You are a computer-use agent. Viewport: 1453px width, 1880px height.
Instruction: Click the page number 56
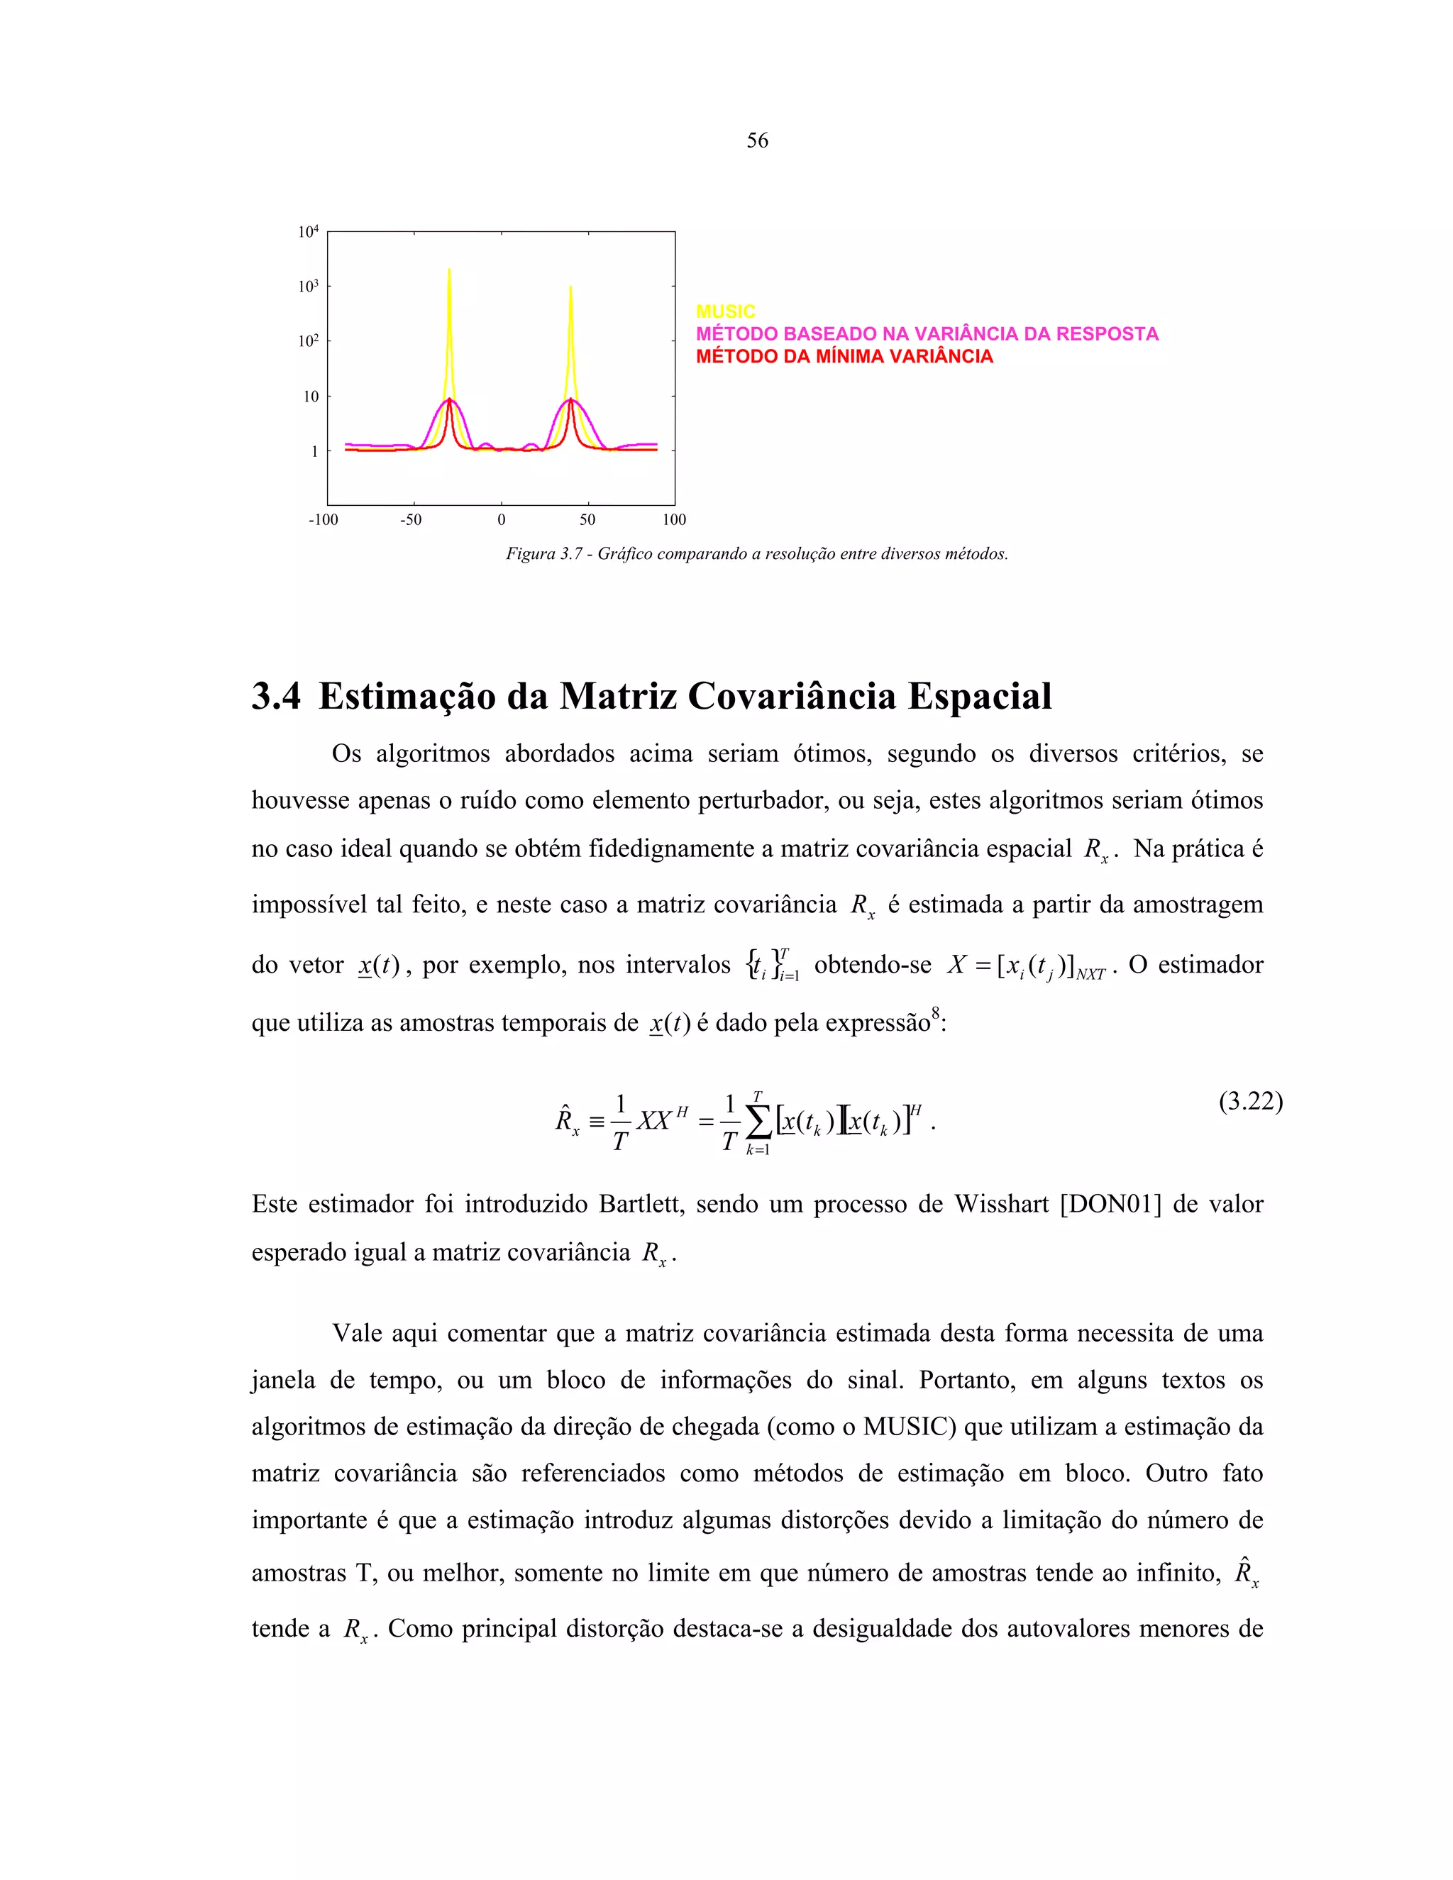pyautogui.click(x=756, y=140)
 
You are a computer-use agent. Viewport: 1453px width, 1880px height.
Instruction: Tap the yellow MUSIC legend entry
pyautogui.click(x=725, y=311)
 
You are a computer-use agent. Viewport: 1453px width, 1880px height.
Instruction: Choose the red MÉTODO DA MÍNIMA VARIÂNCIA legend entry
pyautogui.click(x=844, y=356)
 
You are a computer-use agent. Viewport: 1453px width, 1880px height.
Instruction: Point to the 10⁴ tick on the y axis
pyautogui.click(x=308, y=231)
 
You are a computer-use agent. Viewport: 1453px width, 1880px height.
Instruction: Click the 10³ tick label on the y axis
pyautogui.click(x=308, y=287)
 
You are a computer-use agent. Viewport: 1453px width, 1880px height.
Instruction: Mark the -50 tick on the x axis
pyautogui.click(x=411, y=520)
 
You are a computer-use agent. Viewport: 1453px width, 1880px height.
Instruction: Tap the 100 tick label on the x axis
pyautogui.click(x=674, y=520)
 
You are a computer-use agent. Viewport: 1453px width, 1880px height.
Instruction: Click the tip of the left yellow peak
pyautogui.click(x=448, y=270)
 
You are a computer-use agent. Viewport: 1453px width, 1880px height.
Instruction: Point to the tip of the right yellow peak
pyautogui.click(x=570, y=287)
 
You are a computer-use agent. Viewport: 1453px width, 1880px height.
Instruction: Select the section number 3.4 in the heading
pyautogui.click(x=276, y=695)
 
